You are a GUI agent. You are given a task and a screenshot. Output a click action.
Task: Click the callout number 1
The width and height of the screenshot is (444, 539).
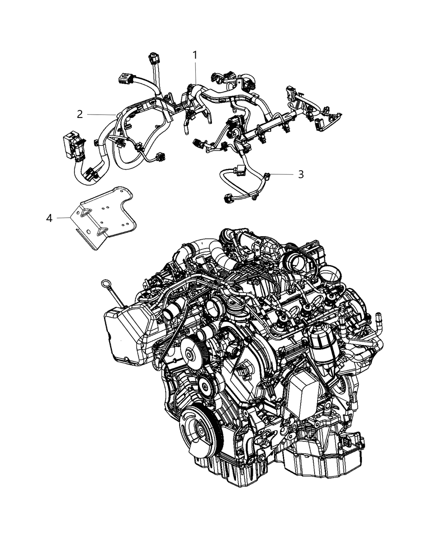coord(195,55)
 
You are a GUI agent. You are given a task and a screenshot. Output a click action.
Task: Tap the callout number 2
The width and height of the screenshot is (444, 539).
coord(79,114)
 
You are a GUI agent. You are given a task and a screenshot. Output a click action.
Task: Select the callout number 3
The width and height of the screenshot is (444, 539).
coord(301,174)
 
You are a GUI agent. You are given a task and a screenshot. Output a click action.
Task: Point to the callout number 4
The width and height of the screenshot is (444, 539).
coord(49,218)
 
